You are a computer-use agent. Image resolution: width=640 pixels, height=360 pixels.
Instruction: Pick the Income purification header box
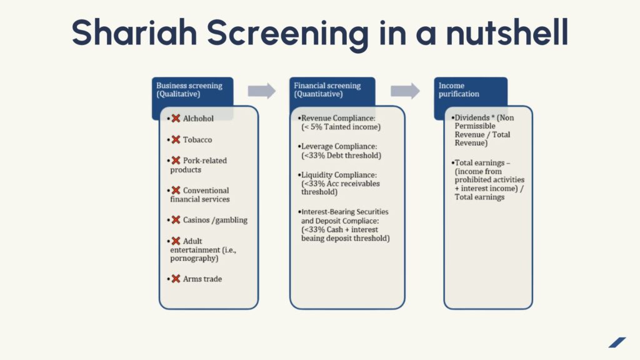(470, 90)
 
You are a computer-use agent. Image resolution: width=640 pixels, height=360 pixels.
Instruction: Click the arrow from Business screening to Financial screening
(261, 91)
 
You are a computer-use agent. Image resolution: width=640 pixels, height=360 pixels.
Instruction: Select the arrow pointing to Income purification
(405, 91)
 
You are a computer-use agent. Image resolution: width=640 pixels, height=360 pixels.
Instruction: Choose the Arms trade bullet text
(202, 279)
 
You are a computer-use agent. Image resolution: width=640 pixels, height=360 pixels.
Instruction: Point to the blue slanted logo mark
(617, 342)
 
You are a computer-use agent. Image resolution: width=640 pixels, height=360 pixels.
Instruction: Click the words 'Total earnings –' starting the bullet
(481, 162)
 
